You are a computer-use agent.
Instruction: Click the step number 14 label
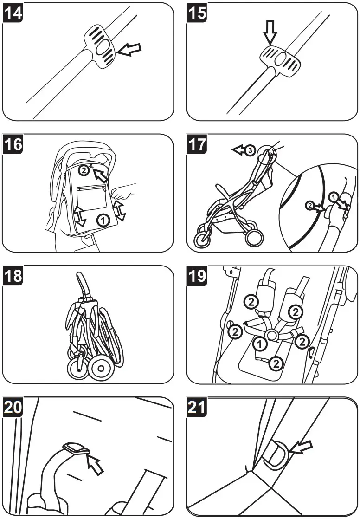click(x=13, y=13)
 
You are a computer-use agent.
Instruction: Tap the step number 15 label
click(x=197, y=13)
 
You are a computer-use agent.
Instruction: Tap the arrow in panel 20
click(x=95, y=464)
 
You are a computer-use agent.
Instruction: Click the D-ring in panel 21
click(x=274, y=454)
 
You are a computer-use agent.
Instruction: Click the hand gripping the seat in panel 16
click(x=124, y=191)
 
